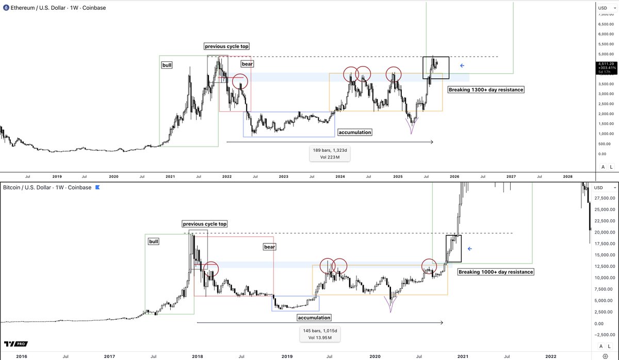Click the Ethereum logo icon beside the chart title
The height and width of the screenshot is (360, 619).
click(6, 8)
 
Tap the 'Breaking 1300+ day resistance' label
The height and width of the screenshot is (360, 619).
click(486, 90)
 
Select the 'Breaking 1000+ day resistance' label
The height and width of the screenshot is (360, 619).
click(496, 272)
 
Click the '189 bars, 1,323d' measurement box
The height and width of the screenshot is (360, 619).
click(330, 153)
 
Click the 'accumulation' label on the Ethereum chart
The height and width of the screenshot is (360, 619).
click(355, 133)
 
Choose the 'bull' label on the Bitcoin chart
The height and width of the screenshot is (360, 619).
click(154, 241)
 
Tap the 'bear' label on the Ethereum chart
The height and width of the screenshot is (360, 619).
click(248, 64)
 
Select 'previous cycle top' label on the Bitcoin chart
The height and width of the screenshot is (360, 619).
click(204, 224)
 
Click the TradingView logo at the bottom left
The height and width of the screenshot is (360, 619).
click(15, 344)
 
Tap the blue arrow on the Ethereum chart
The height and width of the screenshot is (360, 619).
click(462, 66)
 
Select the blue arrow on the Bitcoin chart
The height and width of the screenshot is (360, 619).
click(469, 249)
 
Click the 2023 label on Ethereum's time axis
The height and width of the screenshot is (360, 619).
click(283, 176)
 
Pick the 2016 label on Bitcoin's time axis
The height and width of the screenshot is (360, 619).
click(21, 356)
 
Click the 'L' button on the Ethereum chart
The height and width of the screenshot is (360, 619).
click(611, 167)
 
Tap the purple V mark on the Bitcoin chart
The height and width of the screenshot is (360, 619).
click(390, 304)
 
